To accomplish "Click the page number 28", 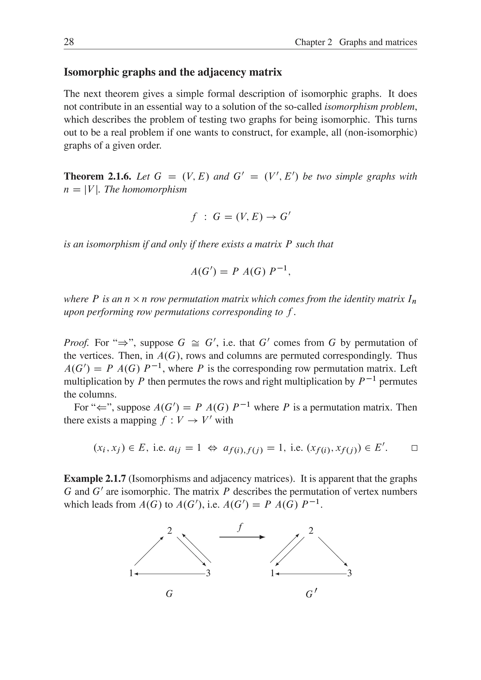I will [x=69, y=42].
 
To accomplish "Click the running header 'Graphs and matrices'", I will [x=378, y=42].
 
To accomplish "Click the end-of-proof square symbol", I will [x=414, y=448].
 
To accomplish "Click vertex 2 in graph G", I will [x=170, y=530].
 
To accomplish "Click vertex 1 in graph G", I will [x=131, y=573].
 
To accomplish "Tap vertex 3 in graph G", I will [x=208, y=573].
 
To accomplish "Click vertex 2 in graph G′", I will [x=311, y=530].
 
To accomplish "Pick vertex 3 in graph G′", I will [x=349, y=573].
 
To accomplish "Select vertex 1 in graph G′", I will [x=272, y=573].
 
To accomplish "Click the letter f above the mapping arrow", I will [x=240, y=527].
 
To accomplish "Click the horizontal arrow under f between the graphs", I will [x=242, y=537].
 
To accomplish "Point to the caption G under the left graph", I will [x=169, y=594].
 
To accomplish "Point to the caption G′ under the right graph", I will [x=310, y=594].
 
